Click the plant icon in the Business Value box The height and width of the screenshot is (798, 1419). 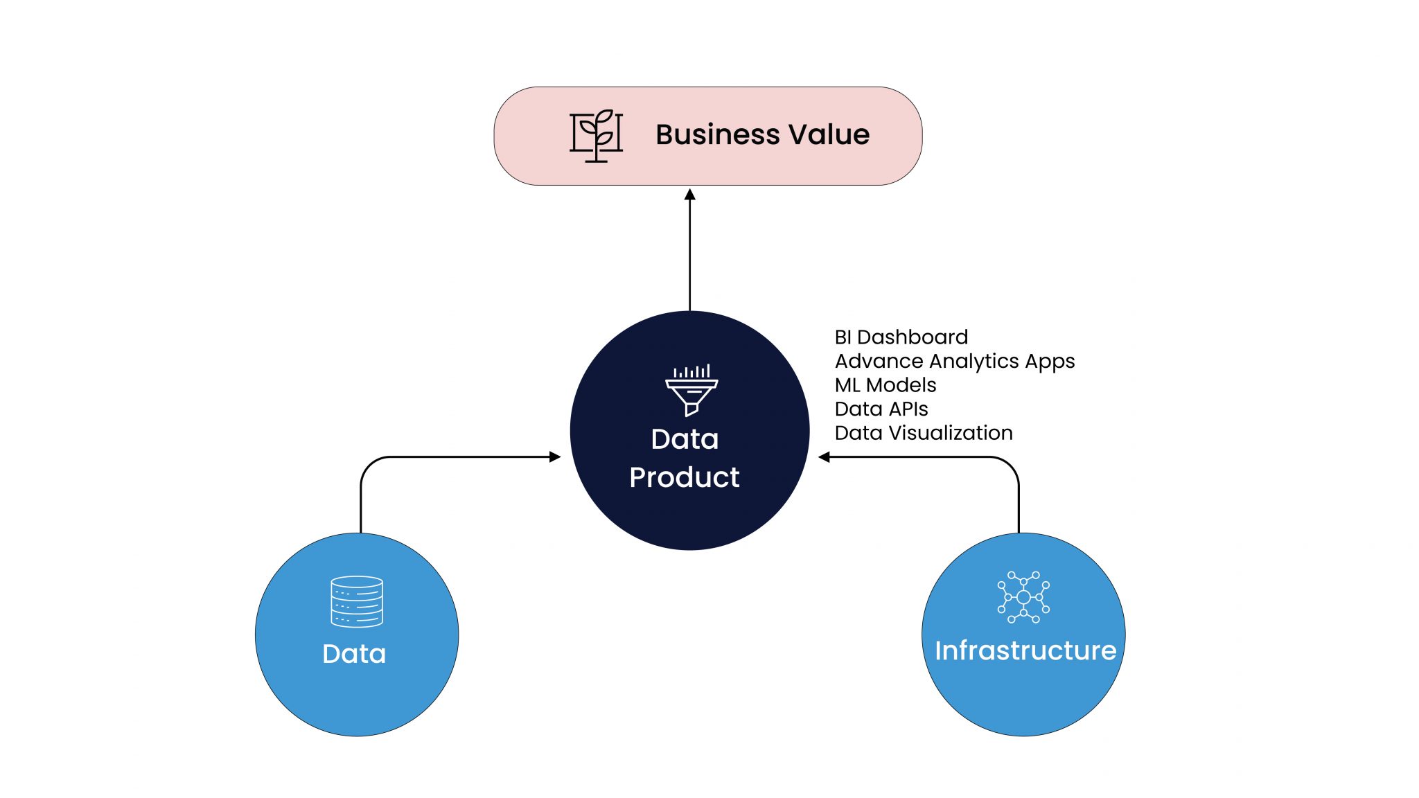(596, 135)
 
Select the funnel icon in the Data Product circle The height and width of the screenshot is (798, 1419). (691, 390)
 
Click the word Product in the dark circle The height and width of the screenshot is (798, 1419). (685, 477)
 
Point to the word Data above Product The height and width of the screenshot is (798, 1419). (685, 439)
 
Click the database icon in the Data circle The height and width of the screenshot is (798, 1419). (357, 601)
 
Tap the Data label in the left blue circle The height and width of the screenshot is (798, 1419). (354, 654)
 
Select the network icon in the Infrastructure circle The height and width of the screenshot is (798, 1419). (1023, 596)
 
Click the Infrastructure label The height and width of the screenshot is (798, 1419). (1025, 650)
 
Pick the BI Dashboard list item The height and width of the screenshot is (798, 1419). (901, 337)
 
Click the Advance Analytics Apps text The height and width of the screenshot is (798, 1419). (954, 362)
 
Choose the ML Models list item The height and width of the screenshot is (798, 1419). (885, 385)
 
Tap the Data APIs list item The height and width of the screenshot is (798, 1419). (881, 409)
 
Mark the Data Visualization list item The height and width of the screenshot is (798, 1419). (923, 433)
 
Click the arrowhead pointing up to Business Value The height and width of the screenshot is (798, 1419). (689, 195)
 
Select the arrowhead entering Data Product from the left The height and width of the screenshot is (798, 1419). (555, 456)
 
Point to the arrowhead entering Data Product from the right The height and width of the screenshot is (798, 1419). (824, 456)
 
